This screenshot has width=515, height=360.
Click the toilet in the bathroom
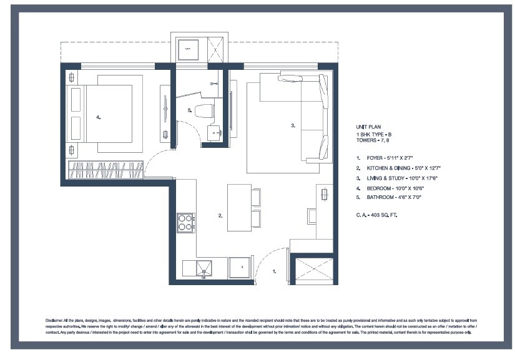click(x=204, y=111)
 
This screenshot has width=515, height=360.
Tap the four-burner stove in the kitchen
click(x=185, y=221)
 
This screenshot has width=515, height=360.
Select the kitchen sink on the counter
click(x=203, y=268)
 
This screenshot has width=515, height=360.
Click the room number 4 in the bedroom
click(x=98, y=117)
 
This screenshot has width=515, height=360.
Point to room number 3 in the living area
click(x=292, y=125)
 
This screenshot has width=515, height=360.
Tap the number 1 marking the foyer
click(x=273, y=271)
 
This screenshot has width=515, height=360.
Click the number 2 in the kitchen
click(x=220, y=216)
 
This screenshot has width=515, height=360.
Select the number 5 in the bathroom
click(x=189, y=110)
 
